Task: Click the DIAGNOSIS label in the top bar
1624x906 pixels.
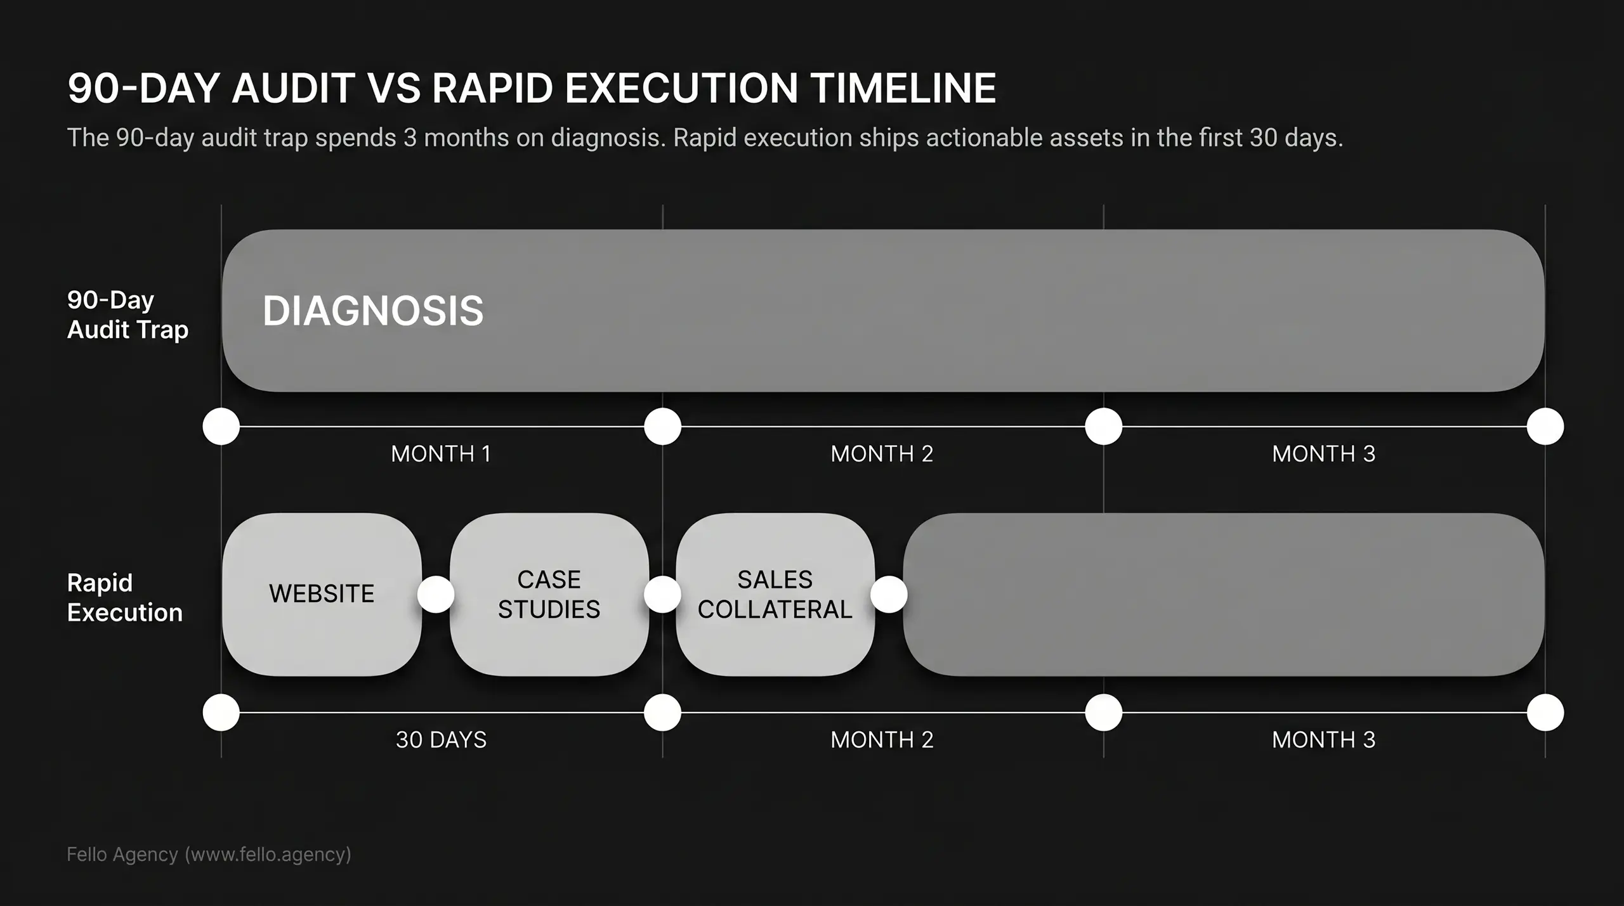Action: tap(373, 311)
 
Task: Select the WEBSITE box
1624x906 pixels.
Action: tap(322, 594)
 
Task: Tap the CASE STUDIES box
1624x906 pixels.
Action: tap(549, 594)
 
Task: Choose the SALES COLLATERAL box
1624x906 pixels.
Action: tap(775, 594)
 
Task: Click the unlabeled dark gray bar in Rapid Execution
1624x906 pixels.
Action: tap(1223, 594)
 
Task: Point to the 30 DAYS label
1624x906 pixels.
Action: tap(441, 740)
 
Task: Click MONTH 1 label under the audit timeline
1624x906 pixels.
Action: tap(441, 454)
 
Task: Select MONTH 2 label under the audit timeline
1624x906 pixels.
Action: tap(882, 454)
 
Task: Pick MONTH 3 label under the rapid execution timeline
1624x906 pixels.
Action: tap(1323, 740)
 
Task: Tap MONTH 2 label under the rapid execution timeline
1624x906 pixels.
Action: tap(882, 740)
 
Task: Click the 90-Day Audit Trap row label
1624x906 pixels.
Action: tap(128, 314)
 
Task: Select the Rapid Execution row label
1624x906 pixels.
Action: tap(124, 597)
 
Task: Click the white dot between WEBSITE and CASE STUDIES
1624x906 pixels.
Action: tap(436, 594)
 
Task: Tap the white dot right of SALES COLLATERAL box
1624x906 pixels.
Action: tap(889, 594)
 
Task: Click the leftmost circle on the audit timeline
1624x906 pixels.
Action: tap(221, 426)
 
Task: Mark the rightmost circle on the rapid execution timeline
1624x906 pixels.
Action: tap(1545, 712)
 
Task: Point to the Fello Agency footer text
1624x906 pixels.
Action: tap(209, 855)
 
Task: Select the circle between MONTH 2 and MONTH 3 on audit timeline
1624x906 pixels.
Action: tap(1104, 426)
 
